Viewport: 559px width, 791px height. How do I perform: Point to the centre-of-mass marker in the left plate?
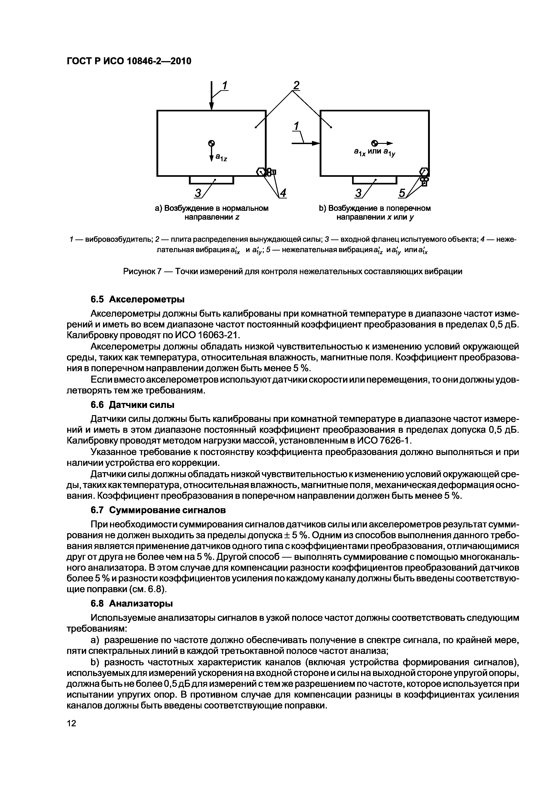(211, 143)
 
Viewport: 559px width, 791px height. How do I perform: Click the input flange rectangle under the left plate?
(211, 180)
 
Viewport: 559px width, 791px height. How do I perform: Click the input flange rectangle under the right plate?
(375, 180)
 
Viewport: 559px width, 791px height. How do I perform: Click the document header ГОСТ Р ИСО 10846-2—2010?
(128, 61)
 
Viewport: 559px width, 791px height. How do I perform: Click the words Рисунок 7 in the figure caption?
(142, 271)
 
